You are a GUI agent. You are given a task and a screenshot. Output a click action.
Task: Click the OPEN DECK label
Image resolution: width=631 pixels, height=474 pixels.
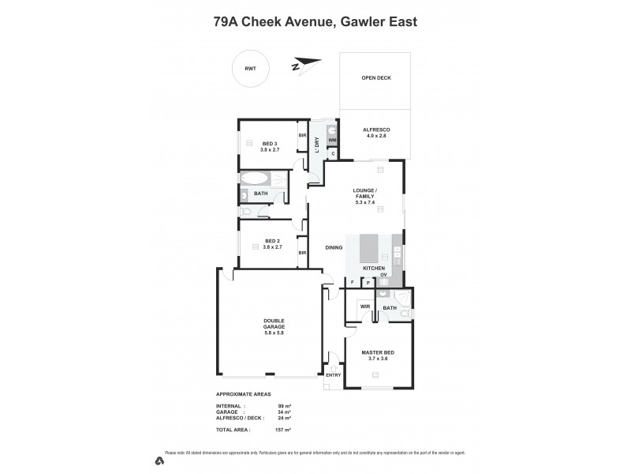click(375, 78)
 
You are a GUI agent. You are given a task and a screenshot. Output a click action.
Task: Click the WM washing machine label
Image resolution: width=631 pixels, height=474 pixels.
click(332, 141)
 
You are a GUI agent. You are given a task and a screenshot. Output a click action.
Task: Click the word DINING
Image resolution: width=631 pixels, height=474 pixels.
click(334, 248)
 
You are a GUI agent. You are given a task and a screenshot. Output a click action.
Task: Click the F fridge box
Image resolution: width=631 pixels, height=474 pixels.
click(352, 282)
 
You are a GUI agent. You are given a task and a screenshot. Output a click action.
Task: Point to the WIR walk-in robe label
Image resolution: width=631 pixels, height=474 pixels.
click(364, 306)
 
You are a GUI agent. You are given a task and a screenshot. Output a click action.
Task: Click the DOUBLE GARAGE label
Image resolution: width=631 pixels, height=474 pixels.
click(274, 326)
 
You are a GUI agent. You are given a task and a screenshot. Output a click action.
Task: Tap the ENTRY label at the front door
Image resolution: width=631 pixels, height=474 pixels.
click(333, 374)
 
